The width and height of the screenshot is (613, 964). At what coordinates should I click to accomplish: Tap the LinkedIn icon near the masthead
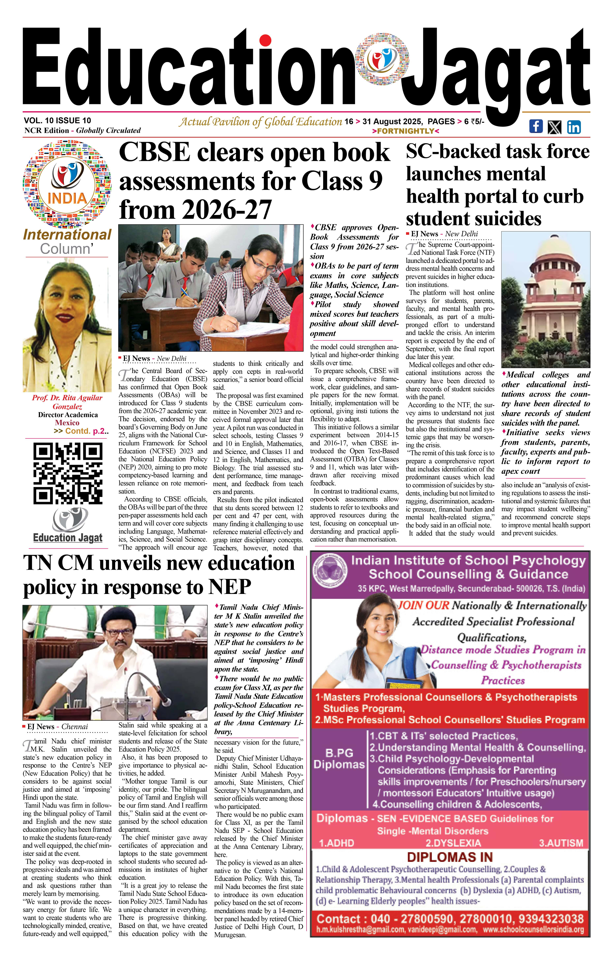(x=574, y=127)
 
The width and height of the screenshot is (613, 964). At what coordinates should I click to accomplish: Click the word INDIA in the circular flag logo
(x=67, y=198)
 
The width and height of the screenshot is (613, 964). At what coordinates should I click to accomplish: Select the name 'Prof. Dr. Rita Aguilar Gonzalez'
(x=67, y=402)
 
